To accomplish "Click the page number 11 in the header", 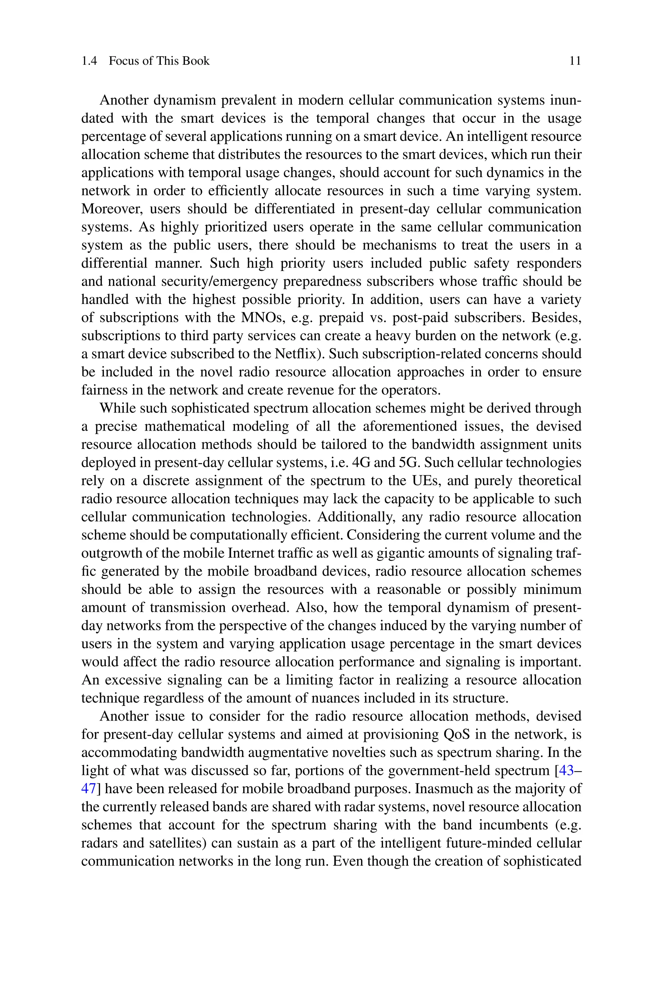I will coord(575,61).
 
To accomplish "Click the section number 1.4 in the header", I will coord(89,61).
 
